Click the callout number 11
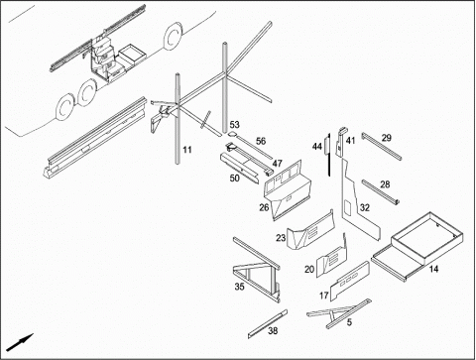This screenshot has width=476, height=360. (x=187, y=150)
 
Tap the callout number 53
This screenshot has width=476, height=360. (x=234, y=125)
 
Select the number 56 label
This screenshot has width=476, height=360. (x=261, y=141)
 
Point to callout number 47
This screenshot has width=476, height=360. (x=277, y=164)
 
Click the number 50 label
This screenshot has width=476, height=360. (x=234, y=178)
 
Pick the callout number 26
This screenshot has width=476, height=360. (x=264, y=207)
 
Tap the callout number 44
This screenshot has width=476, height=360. (x=317, y=147)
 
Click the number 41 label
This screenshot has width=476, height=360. (x=350, y=141)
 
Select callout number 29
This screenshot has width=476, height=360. (x=387, y=138)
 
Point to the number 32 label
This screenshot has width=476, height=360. (x=365, y=207)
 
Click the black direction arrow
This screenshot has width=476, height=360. (x=20, y=342)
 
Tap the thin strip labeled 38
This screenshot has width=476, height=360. (x=268, y=324)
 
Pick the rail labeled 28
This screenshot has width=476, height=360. (x=380, y=191)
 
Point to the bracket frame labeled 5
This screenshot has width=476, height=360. (x=340, y=312)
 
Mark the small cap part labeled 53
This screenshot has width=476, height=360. (x=232, y=134)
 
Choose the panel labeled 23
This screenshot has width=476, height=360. (x=310, y=231)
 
